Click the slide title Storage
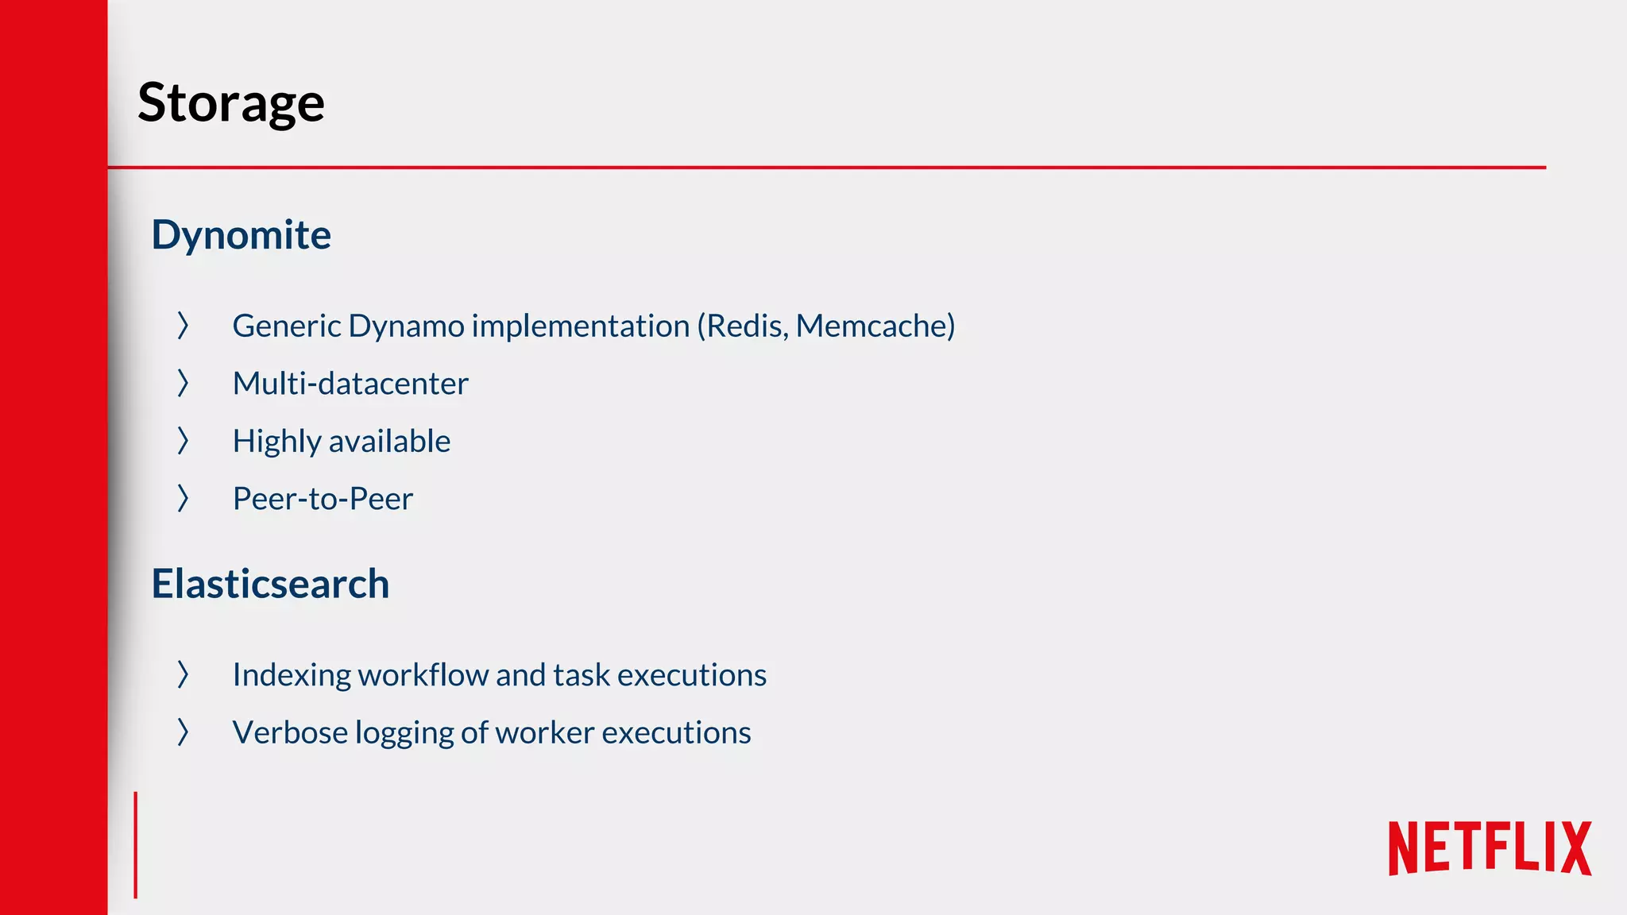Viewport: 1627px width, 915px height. pyautogui.click(x=231, y=103)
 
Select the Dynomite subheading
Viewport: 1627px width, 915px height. pyautogui.click(x=241, y=235)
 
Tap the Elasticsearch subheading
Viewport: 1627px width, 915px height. pyautogui.click(x=270, y=584)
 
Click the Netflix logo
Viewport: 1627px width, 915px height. pyautogui.click(x=1490, y=848)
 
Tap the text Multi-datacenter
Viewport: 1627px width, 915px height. pyautogui.click(x=350, y=384)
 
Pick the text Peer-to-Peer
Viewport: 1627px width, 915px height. pyautogui.click(x=323, y=499)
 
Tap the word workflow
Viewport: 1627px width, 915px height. pyautogui.click(x=421, y=675)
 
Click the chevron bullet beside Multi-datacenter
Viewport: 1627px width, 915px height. pyautogui.click(x=183, y=384)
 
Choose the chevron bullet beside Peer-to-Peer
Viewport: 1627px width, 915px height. pyautogui.click(x=183, y=499)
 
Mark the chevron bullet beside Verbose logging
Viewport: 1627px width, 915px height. pyautogui.click(x=183, y=732)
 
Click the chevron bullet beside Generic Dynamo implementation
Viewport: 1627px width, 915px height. pyautogui.click(x=183, y=326)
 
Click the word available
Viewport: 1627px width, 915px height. pyautogui.click(x=388, y=442)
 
